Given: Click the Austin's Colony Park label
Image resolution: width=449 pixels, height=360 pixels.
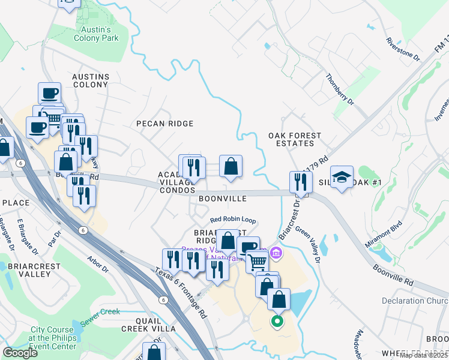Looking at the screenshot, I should click(x=96, y=34).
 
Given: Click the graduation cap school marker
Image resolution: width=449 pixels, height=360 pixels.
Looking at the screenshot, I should click(x=342, y=177).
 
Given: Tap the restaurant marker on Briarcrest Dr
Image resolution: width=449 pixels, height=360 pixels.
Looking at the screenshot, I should click(x=301, y=182).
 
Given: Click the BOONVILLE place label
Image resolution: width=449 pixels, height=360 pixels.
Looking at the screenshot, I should click(x=223, y=198).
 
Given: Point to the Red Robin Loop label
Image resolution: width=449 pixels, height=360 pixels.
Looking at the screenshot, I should click(x=233, y=220).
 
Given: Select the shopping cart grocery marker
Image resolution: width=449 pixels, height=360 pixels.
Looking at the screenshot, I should click(x=257, y=261).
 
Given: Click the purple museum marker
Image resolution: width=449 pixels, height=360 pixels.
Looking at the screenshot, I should click(x=276, y=253).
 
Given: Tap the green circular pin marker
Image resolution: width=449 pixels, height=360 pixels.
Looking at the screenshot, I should click(x=277, y=322).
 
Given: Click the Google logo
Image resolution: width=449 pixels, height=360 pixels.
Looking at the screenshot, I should click(x=20, y=352).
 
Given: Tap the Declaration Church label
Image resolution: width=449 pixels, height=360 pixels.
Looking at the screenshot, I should click(x=415, y=301).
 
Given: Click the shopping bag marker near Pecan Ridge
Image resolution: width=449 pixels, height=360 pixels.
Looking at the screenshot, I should click(x=231, y=167).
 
